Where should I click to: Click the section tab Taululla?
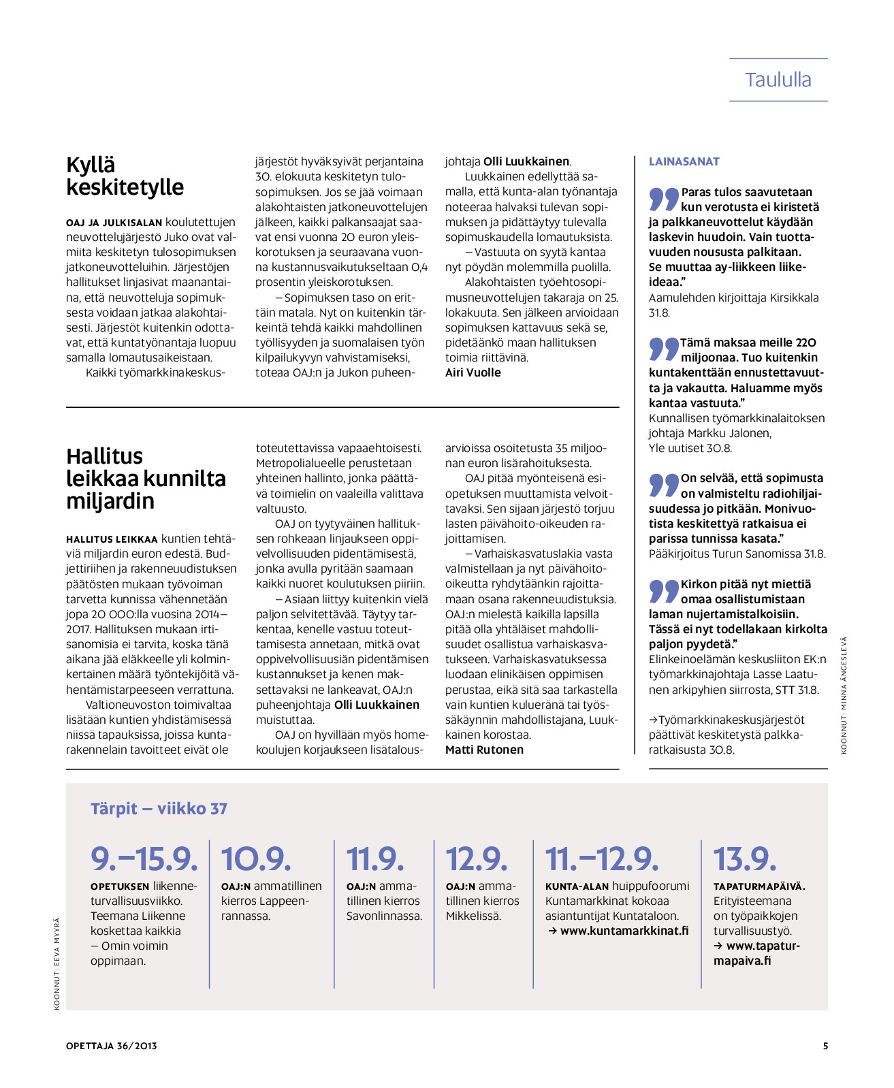pyautogui.click(x=778, y=80)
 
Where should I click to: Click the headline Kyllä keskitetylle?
pyautogui.click(x=125, y=176)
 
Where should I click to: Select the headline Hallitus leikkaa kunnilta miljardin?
pyautogui.click(x=146, y=478)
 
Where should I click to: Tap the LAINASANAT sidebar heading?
pyautogui.click(x=684, y=161)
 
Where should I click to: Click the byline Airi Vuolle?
pyautogui.click(x=473, y=372)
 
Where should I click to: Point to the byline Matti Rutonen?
pyautogui.click(x=484, y=750)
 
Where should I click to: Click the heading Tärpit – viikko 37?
pyautogui.click(x=159, y=808)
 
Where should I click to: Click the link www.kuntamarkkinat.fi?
pyautogui.click(x=624, y=931)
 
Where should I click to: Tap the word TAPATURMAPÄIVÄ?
pyautogui.click(x=759, y=886)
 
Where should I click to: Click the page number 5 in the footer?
pyautogui.click(x=825, y=1046)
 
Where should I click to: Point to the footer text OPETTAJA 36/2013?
pyautogui.click(x=112, y=1046)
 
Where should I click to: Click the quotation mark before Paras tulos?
pyautogui.click(x=663, y=199)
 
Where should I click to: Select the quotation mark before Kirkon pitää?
pyautogui.click(x=663, y=591)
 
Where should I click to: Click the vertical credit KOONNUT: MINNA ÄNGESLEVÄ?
pyautogui.click(x=844, y=694)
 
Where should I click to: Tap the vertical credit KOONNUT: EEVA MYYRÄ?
pyautogui.click(x=57, y=963)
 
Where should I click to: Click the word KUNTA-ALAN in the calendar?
pyautogui.click(x=576, y=886)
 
